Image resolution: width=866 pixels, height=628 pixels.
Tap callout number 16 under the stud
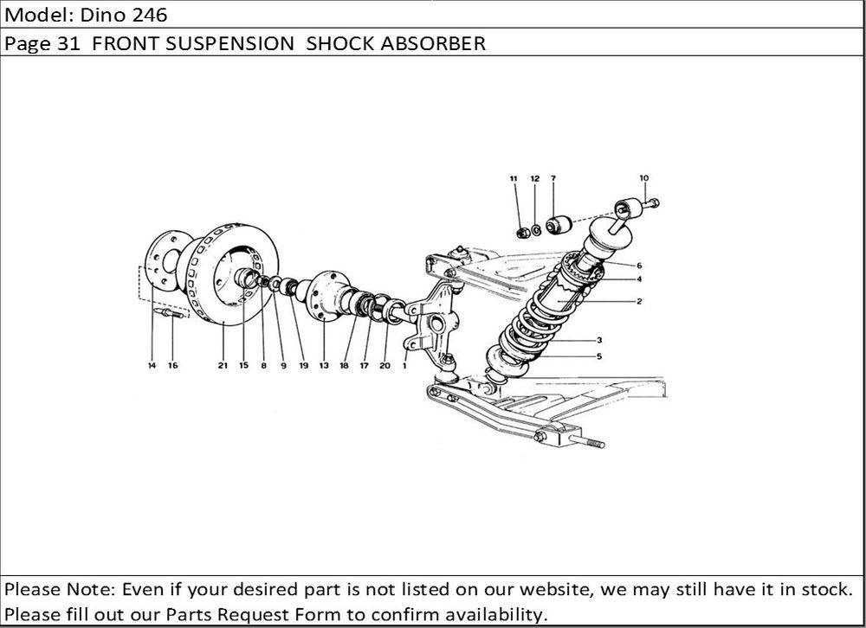point(172,366)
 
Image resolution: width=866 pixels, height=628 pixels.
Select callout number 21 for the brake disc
point(223,366)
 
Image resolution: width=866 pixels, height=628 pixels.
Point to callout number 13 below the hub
point(323,366)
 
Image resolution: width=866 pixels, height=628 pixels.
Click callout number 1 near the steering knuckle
point(404,366)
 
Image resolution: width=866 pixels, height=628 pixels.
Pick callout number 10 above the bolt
point(643,179)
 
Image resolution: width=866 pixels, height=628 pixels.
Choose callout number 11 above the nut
point(514,179)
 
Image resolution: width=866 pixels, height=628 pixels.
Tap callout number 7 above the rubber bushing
point(553,179)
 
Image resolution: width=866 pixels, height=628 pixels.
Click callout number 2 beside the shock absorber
point(638,302)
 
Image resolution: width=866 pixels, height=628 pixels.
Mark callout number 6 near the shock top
point(638,265)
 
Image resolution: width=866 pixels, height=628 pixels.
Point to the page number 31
point(69,44)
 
